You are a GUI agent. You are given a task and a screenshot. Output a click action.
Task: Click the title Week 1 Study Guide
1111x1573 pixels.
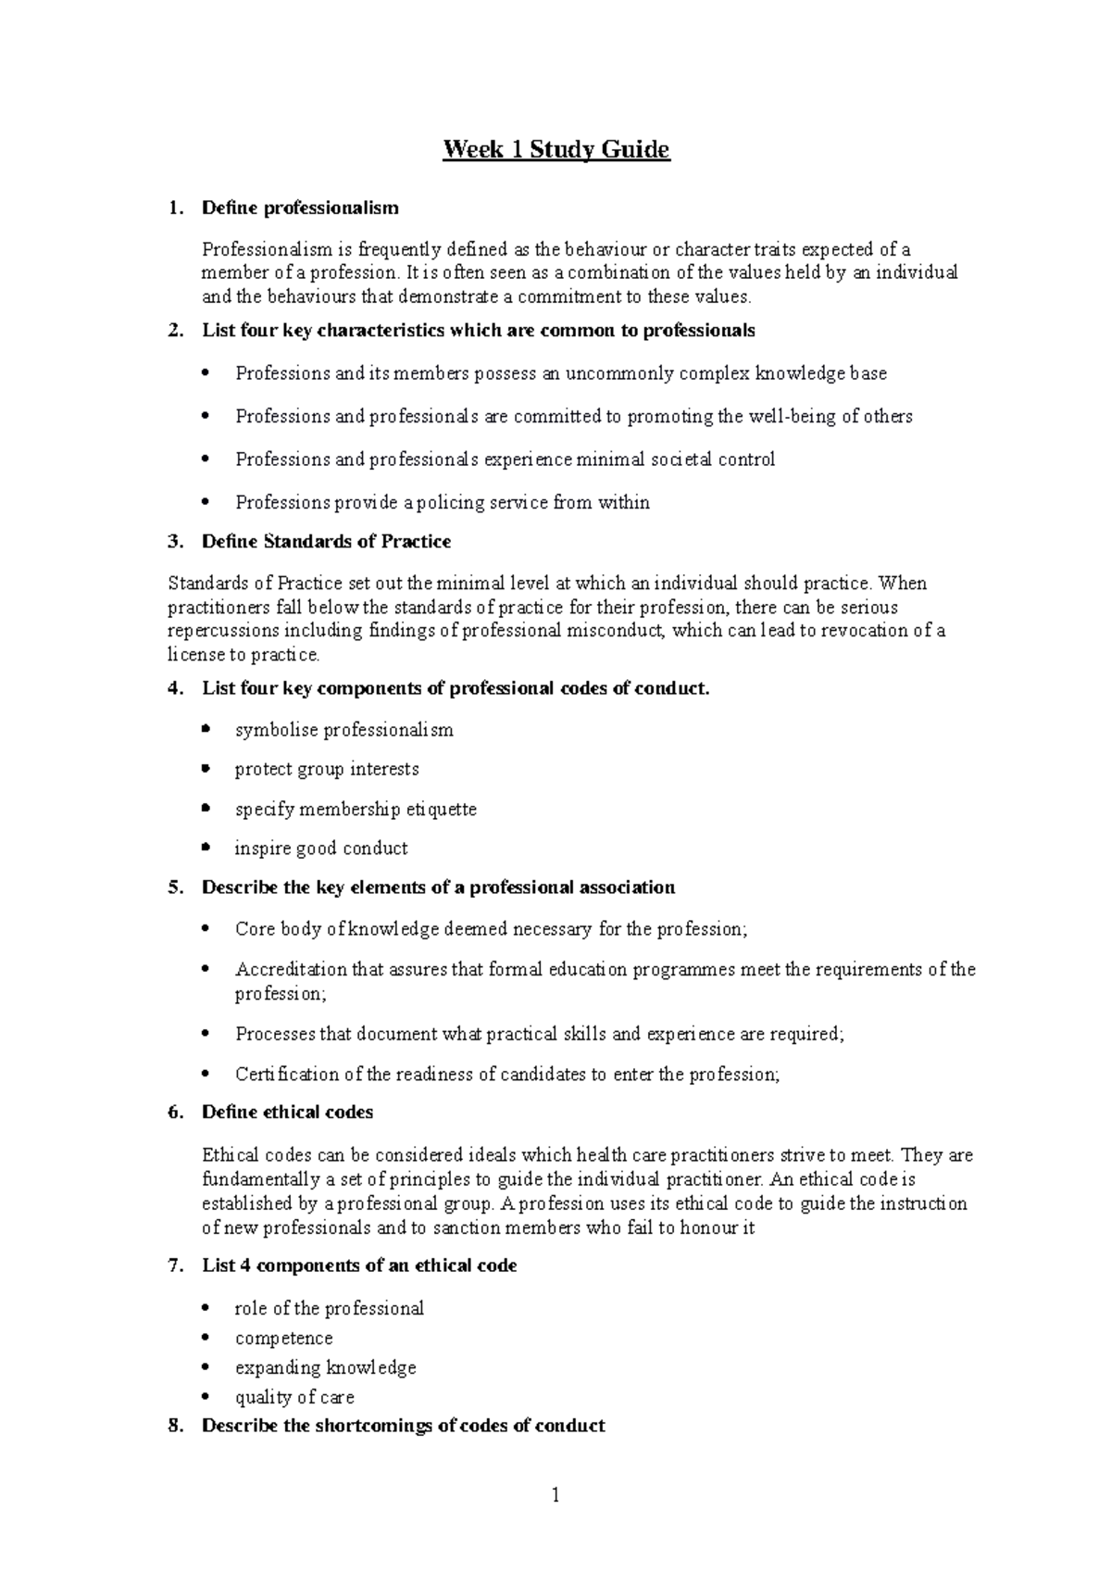(x=555, y=149)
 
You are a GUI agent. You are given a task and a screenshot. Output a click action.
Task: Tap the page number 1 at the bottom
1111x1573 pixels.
(x=555, y=1494)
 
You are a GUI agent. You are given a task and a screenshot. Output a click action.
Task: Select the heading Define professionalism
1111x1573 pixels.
(x=300, y=208)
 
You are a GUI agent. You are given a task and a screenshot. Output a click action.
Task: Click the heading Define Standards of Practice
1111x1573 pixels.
(x=326, y=541)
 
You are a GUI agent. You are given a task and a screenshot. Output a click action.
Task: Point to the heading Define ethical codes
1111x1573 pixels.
(x=287, y=1112)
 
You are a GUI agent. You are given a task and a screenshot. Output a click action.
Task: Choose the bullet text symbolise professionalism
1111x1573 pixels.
(x=343, y=730)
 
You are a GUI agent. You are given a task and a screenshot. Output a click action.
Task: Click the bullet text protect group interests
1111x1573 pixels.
(x=327, y=769)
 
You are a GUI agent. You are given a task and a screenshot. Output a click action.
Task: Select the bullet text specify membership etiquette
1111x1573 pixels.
(x=356, y=809)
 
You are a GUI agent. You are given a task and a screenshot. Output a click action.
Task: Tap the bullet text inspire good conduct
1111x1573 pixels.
(x=321, y=848)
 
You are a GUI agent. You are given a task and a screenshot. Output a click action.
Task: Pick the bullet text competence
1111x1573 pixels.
(x=283, y=1338)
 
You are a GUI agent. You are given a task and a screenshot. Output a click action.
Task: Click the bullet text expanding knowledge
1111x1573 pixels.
(x=325, y=1367)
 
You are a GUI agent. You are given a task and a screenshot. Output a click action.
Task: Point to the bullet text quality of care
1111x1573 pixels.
(x=294, y=1397)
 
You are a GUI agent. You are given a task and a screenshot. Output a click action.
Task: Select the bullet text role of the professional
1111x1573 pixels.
(x=329, y=1308)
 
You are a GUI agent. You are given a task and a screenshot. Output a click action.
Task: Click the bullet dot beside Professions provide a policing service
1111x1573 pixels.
(x=206, y=502)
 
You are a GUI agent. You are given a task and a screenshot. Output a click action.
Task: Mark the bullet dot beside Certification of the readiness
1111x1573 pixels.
(x=206, y=1074)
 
